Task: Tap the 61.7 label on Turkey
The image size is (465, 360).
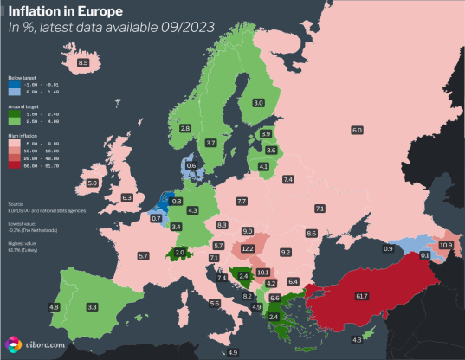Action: pos(362,297)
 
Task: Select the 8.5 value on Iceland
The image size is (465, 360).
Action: pos(84,63)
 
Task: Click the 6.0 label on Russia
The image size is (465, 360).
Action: pos(356,130)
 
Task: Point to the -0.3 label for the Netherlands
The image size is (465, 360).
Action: pos(177,201)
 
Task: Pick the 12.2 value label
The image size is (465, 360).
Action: pos(248,248)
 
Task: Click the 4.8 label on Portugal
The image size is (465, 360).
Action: pos(54,307)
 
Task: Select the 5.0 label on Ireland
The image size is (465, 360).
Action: pos(93,183)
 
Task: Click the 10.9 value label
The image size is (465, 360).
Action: pos(446,246)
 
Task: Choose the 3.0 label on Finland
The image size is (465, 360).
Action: pos(258,103)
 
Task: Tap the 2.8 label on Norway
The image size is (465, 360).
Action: pos(185,128)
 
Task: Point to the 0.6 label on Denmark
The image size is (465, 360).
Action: pos(191,165)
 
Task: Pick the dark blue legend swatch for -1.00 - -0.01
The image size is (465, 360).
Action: pos(14,83)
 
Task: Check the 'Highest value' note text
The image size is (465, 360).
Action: pos(21,243)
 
